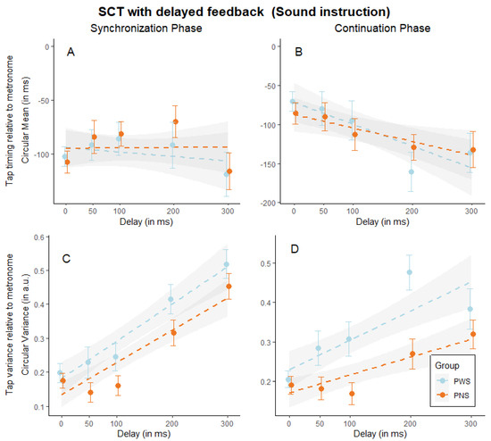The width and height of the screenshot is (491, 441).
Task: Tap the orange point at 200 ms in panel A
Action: (175, 121)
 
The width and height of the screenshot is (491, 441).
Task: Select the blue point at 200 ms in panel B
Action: (411, 171)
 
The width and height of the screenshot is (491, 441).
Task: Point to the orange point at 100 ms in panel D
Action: (353, 394)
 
